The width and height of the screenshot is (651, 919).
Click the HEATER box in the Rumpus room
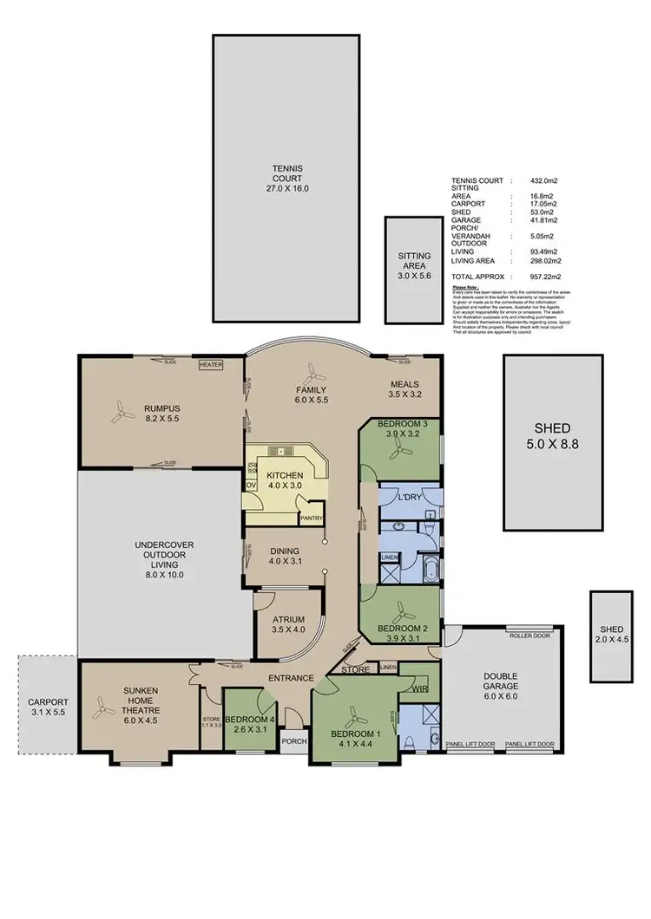(x=211, y=365)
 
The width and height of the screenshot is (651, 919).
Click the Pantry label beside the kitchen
(x=311, y=519)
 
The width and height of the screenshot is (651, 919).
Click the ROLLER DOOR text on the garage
(x=530, y=634)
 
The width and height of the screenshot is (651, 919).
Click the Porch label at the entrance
(x=293, y=740)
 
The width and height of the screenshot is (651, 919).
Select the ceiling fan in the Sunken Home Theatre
(x=103, y=709)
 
